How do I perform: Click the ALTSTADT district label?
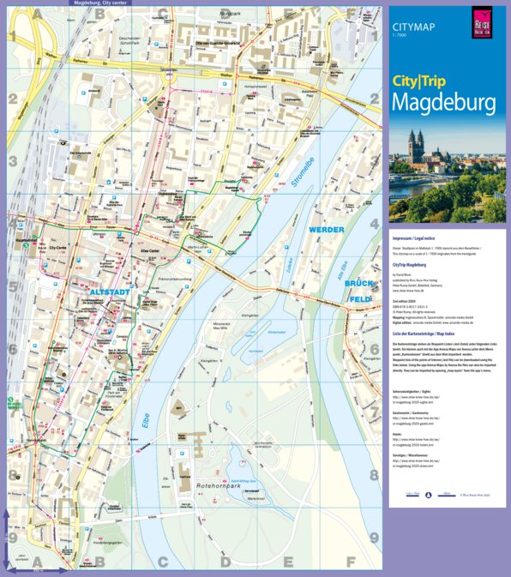[110, 292]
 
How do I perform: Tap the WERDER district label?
[327, 230]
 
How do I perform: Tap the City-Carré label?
[58, 248]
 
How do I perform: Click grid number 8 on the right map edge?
[374, 474]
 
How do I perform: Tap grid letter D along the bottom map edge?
[225, 563]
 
